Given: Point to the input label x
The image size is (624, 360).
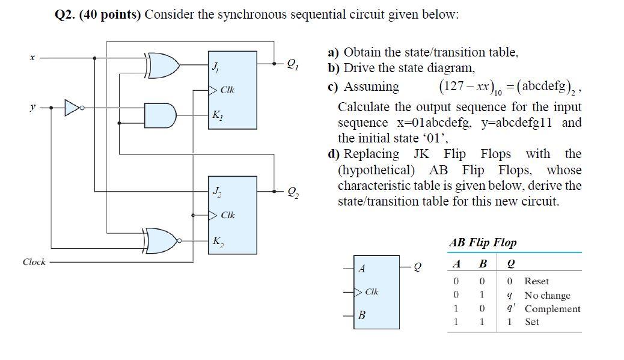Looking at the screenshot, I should (32, 58).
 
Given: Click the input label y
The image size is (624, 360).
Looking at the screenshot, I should (32, 108).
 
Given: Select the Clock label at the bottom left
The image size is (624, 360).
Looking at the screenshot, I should (34, 262).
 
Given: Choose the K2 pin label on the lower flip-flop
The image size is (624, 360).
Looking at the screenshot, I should (216, 242).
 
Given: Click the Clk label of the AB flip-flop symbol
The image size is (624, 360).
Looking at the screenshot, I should (372, 292).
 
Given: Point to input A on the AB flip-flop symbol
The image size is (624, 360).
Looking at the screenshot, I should (361, 269).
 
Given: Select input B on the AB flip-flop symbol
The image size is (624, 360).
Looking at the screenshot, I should (361, 315).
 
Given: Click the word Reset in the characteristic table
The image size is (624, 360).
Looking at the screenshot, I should (536, 281).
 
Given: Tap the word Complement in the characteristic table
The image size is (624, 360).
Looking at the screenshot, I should (552, 309).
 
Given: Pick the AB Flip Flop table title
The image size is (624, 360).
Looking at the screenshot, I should (482, 243).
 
